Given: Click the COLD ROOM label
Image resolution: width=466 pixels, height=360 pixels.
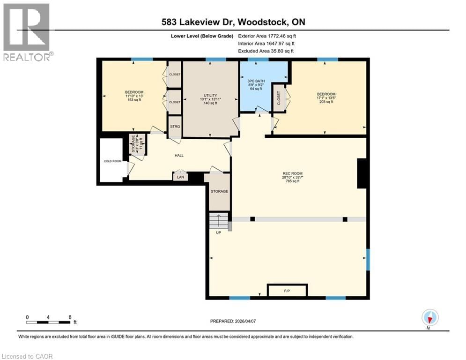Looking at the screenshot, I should (112, 161).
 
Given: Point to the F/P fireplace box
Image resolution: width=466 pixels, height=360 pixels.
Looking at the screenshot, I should (287, 291).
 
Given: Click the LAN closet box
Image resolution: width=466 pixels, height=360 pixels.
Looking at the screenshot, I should (180, 177).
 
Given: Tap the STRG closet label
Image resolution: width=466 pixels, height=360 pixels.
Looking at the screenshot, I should (175, 127).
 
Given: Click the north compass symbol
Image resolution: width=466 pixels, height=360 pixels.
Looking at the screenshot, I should (429, 318).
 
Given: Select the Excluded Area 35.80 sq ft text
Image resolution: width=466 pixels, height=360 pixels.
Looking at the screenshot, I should (266, 51).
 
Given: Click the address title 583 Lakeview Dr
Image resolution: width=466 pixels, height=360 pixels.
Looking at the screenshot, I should (233, 22).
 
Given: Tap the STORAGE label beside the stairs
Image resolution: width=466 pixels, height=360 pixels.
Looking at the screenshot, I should (219, 191).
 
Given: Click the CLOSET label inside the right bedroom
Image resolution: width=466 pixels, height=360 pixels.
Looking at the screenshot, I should (279, 99).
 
